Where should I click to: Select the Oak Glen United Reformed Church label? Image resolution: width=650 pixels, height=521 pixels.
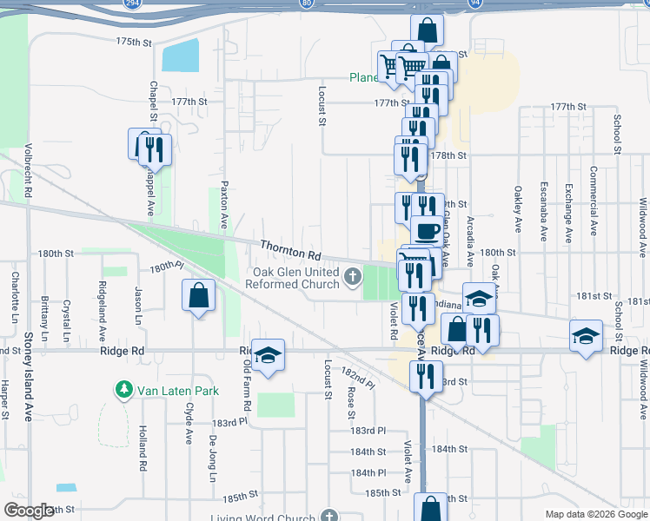[x=295, y=278]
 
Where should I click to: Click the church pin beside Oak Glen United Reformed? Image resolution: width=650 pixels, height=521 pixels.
[x=352, y=278]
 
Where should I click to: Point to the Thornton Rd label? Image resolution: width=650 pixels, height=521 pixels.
[x=290, y=251]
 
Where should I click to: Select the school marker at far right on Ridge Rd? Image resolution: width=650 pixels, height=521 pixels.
[x=587, y=335]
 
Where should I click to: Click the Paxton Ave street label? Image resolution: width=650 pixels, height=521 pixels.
[x=223, y=204]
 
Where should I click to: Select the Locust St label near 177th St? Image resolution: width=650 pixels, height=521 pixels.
[x=321, y=106]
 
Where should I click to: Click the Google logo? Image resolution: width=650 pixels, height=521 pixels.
[x=30, y=511]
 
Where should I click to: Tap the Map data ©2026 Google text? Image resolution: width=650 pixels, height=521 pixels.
[x=596, y=514]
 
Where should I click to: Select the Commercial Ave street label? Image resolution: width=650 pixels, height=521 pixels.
[x=594, y=201]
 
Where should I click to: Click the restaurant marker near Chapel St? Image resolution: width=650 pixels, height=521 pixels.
[x=155, y=149]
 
